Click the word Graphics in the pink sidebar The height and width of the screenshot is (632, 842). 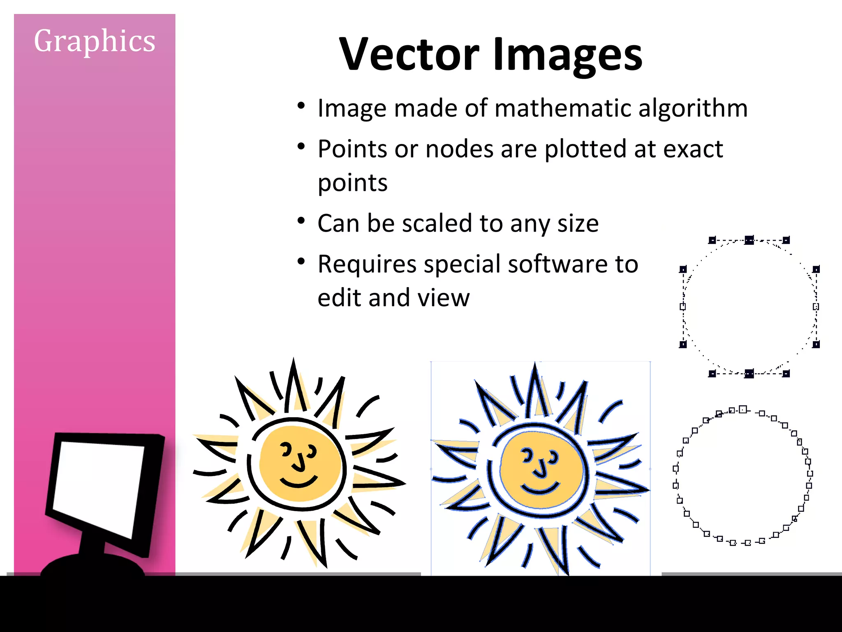point(95,41)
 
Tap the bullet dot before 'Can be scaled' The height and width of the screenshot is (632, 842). point(301,221)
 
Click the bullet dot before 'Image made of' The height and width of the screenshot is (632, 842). point(301,106)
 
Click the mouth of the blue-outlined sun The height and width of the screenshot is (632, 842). point(540,489)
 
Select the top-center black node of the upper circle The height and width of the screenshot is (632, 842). point(749,240)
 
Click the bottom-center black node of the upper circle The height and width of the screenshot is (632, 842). point(749,373)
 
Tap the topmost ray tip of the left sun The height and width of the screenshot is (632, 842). point(293,360)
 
